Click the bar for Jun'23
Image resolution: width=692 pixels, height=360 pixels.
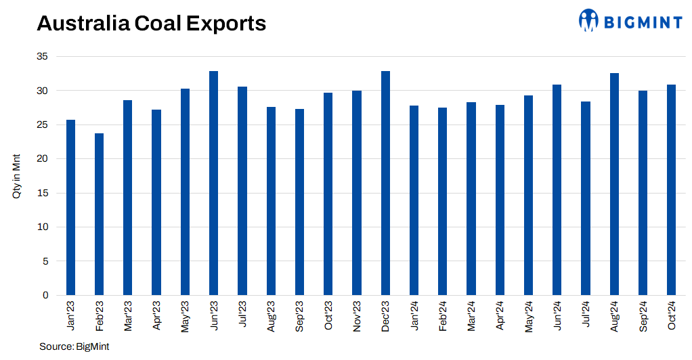coord(213,183)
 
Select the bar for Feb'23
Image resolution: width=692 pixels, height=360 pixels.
coord(99,214)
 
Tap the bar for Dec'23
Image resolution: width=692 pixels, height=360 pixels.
coord(385,183)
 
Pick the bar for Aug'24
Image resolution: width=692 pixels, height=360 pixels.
coord(614,184)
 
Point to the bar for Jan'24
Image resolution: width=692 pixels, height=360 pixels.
coord(414,200)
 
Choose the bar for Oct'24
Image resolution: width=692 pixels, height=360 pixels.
coord(671,189)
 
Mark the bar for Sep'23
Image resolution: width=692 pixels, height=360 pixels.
coord(299,202)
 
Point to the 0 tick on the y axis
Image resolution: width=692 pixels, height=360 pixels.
coord(45,295)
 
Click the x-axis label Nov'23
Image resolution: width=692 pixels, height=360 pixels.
coord(357,316)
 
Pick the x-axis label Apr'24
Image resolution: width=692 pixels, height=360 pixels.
coord(500,316)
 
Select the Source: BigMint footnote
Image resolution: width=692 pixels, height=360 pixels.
coord(74,346)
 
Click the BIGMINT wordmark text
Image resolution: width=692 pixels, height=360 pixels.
coord(642,23)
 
